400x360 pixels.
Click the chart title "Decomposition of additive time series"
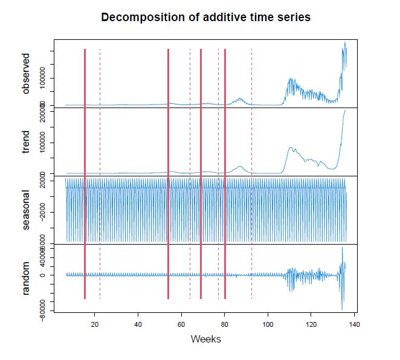tap(205, 18)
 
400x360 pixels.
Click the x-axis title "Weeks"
tap(205, 339)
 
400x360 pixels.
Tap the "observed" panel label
tap(25, 73)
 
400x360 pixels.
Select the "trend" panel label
tap(25, 143)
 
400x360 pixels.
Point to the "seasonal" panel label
tap(25, 211)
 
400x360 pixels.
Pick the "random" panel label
tap(25, 279)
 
